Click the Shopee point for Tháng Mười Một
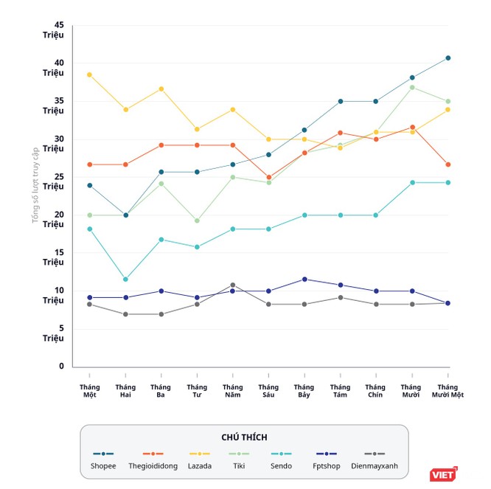[x=448, y=58]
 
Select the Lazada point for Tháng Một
[x=89, y=74]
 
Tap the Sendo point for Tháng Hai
[x=125, y=280]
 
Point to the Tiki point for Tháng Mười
[x=412, y=87]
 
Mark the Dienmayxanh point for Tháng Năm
[x=232, y=285]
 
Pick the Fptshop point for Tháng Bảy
[x=304, y=279]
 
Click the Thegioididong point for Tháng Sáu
[x=268, y=177]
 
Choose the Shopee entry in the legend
[x=103, y=466]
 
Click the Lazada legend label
[x=201, y=466]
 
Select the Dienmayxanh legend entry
[x=375, y=466]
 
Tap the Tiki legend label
[x=239, y=466]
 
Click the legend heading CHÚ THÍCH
[x=244, y=437]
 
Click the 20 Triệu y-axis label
[x=53, y=220]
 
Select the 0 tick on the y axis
[x=61, y=366]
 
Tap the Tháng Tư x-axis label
[x=197, y=391]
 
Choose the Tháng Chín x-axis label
[x=375, y=391]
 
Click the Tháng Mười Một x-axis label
[x=448, y=391]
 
